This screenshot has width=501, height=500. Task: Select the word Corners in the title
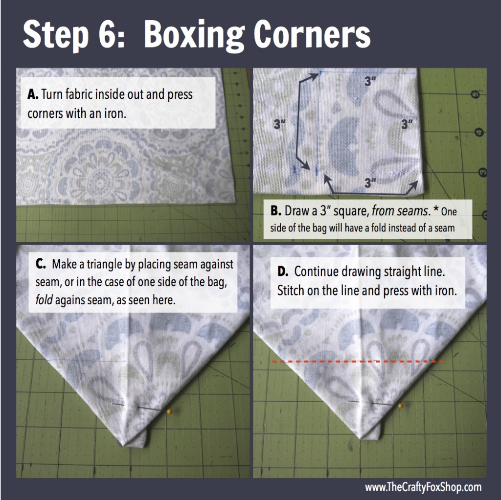[312, 34]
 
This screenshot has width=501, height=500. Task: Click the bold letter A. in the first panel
[33, 94]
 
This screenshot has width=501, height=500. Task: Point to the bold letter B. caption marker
[276, 211]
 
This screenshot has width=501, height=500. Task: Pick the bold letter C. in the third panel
[41, 264]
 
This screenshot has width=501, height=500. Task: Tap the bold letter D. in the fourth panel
[283, 271]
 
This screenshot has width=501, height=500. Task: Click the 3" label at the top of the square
[370, 82]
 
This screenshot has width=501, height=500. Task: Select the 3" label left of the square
[279, 124]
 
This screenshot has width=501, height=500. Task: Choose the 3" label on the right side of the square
[407, 124]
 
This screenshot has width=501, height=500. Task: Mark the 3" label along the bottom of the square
[370, 183]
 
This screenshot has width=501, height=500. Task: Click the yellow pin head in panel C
[170, 411]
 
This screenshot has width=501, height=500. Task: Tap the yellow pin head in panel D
[401, 406]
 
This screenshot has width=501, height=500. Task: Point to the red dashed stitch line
[357, 362]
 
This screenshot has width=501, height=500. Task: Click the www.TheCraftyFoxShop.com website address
[423, 487]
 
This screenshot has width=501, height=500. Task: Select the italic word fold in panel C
[44, 300]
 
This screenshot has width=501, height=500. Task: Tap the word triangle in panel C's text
[105, 265]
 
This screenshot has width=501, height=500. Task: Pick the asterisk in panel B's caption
[436, 209]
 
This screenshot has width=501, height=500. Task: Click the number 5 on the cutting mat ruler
[476, 94]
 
